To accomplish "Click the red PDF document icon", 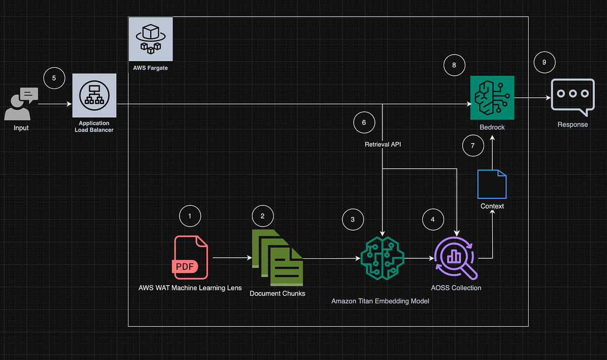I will (x=191, y=257).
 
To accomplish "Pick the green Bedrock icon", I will (x=492, y=98).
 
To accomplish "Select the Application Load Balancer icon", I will (x=94, y=95).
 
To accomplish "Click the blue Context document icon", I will (x=492, y=184).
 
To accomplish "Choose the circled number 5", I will (x=54, y=78).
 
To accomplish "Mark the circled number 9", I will (x=544, y=62).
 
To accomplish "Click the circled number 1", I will (x=190, y=216).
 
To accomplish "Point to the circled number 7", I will (x=473, y=146).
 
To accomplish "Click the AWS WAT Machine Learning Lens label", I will (x=190, y=288).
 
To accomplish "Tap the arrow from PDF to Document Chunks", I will (x=232, y=258).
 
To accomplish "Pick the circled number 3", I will (x=353, y=219).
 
